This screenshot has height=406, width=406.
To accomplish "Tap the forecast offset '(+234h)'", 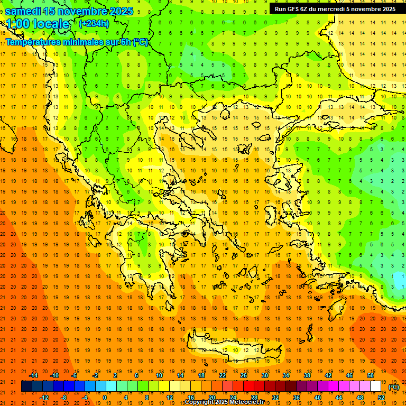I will [94, 23].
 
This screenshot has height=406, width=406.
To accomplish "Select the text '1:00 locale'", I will [38, 24].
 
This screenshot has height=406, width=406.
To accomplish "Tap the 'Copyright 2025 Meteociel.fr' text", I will [224, 402].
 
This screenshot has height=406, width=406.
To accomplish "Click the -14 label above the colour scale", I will [33, 375].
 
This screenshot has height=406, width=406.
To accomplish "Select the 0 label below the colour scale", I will [105, 398].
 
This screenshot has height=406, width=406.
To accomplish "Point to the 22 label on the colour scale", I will [223, 375].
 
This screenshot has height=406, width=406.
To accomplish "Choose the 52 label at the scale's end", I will [381, 398].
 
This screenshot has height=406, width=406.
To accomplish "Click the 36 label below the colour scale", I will [297, 398].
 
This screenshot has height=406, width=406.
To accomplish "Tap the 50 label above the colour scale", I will [371, 375].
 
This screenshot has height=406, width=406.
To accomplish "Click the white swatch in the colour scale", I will [376, 386].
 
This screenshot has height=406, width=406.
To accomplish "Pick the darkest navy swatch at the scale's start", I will [27, 386].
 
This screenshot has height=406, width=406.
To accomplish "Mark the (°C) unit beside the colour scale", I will [394, 387].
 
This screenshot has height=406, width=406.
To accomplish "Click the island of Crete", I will [233, 349].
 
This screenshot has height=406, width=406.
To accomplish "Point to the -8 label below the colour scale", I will [63, 398].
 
